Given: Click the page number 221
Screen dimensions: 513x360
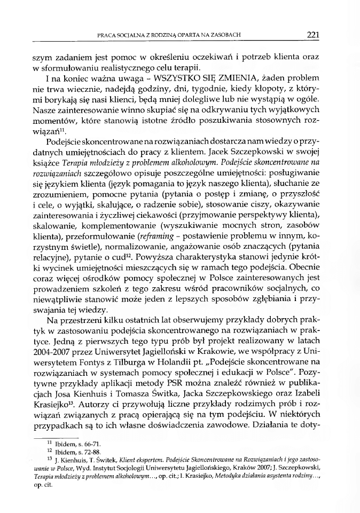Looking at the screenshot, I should (x=313, y=35).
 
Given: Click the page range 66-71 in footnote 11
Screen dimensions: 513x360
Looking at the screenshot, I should (x=87, y=443).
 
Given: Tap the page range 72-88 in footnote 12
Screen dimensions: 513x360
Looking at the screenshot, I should (x=87, y=452).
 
